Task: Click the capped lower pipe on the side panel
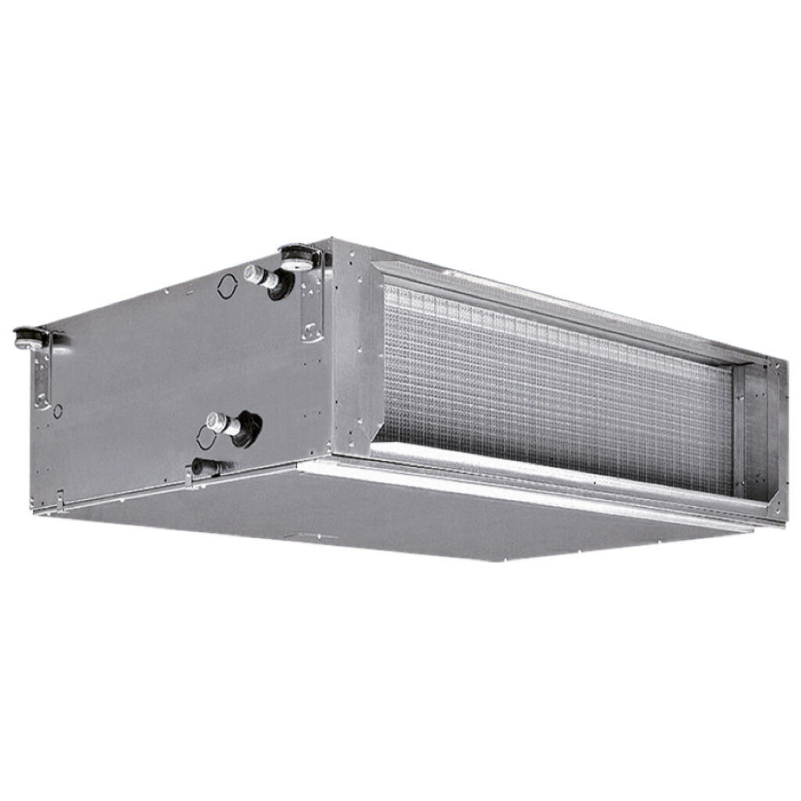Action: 217,422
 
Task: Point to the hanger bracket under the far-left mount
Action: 41,375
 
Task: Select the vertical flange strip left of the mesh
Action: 368,360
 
